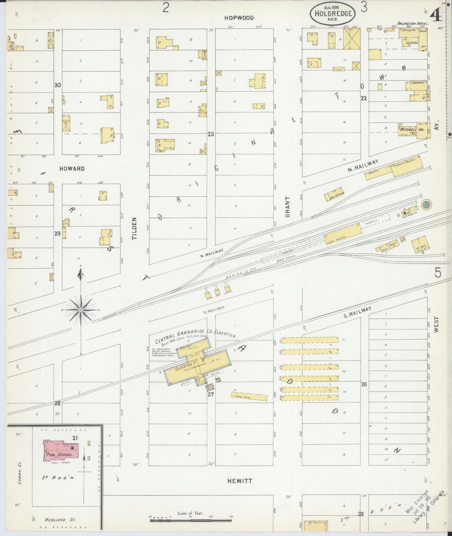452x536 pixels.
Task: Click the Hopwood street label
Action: point(239,18)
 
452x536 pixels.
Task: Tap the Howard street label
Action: point(72,169)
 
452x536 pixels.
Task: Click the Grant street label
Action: point(288,207)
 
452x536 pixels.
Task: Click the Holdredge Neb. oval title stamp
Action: point(333,13)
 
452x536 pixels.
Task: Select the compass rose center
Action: point(81,310)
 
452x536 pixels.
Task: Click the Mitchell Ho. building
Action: point(412,129)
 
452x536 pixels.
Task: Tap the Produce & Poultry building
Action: point(407,165)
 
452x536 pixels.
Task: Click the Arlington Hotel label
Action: point(413,23)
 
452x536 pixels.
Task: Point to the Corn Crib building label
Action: point(249,397)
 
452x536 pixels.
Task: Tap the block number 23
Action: point(211,134)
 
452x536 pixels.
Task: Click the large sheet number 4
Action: point(436,15)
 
